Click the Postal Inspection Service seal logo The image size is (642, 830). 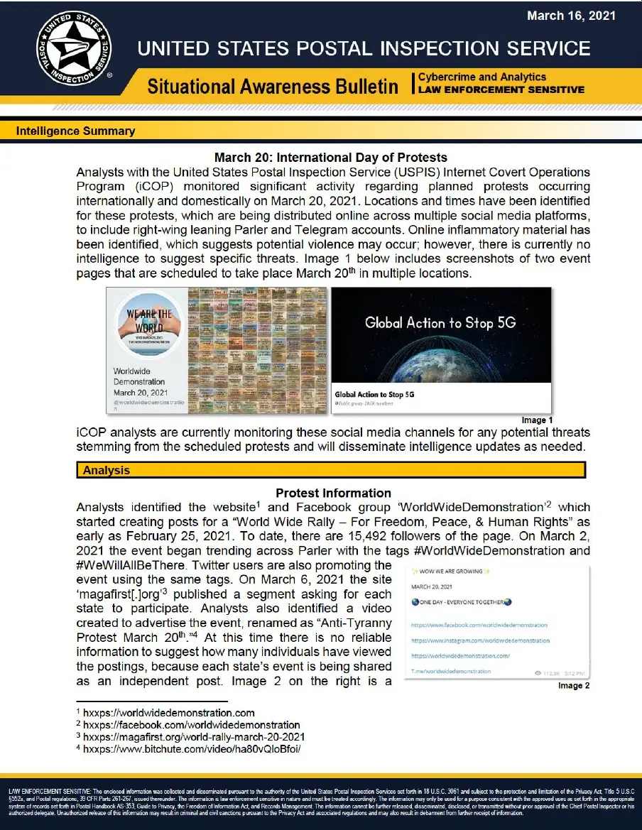click(74, 48)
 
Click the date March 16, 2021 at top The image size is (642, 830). click(571, 15)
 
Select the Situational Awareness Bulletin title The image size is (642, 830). click(273, 87)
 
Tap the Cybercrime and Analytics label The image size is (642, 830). click(482, 77)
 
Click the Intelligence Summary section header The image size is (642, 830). click(75, 131)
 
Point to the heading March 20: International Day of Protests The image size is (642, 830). click(331, 157)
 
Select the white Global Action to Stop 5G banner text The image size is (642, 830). click(440, 323)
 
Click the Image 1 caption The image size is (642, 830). click(537, 420)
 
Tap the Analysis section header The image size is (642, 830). click(107, 470)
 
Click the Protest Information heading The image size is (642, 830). click(333, 493)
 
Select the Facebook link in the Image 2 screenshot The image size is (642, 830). click(479, 625)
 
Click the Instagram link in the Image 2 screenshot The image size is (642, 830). click(480, 640)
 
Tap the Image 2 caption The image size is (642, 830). click(575, 685)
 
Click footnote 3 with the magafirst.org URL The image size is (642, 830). click(190, 737)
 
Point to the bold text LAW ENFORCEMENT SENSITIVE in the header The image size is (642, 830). click(501, 89)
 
